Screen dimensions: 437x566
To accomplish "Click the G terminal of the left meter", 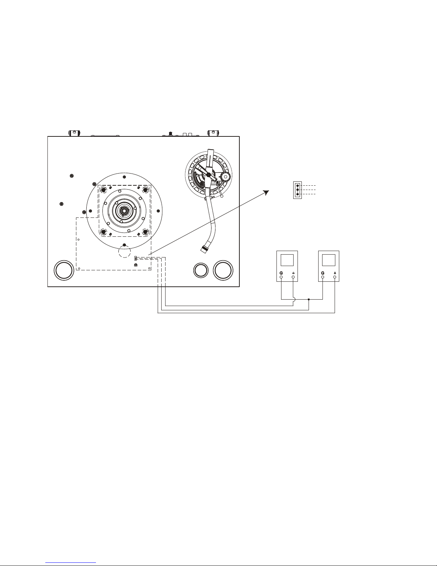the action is click(281, 277).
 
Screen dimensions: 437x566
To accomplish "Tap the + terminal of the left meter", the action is click(293, 277).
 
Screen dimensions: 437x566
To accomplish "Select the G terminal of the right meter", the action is click(323, 277).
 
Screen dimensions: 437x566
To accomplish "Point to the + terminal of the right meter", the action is click(335, 277).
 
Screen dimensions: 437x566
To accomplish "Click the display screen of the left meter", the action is click(287, 260).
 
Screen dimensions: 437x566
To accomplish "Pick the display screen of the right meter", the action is click(329, 260).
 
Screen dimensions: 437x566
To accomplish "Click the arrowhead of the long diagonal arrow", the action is click(266, 192).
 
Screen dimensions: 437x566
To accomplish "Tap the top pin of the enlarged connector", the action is click(298, 186).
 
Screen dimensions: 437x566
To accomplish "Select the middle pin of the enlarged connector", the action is click(298, 190).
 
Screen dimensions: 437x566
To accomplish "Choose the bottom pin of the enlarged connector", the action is click(298, 194).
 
